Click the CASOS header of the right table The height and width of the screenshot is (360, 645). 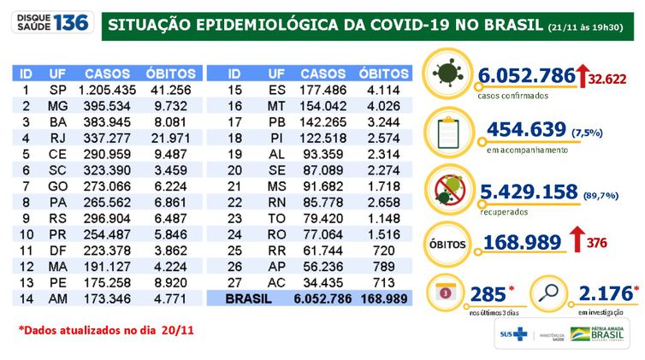(x=324, y=74)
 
